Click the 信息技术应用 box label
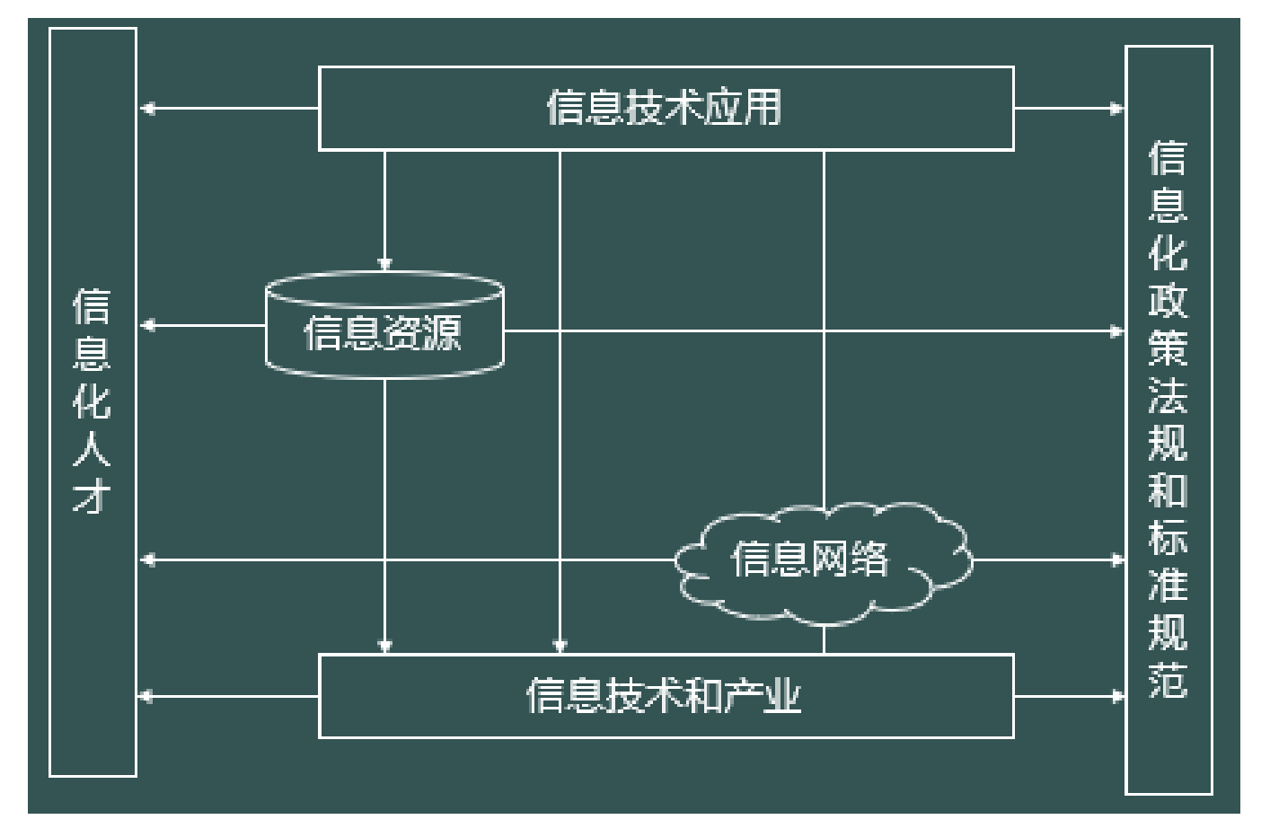665,108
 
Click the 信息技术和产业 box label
665,696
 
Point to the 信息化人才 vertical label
92,401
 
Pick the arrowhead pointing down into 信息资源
384,265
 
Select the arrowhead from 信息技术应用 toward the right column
1116,109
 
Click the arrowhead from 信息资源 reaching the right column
1116,331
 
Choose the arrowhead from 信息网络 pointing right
1116,559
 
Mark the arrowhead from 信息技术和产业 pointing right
1116,696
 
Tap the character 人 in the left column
92,448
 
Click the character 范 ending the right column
1168,680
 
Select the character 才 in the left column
92,496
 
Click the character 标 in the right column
1168,537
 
